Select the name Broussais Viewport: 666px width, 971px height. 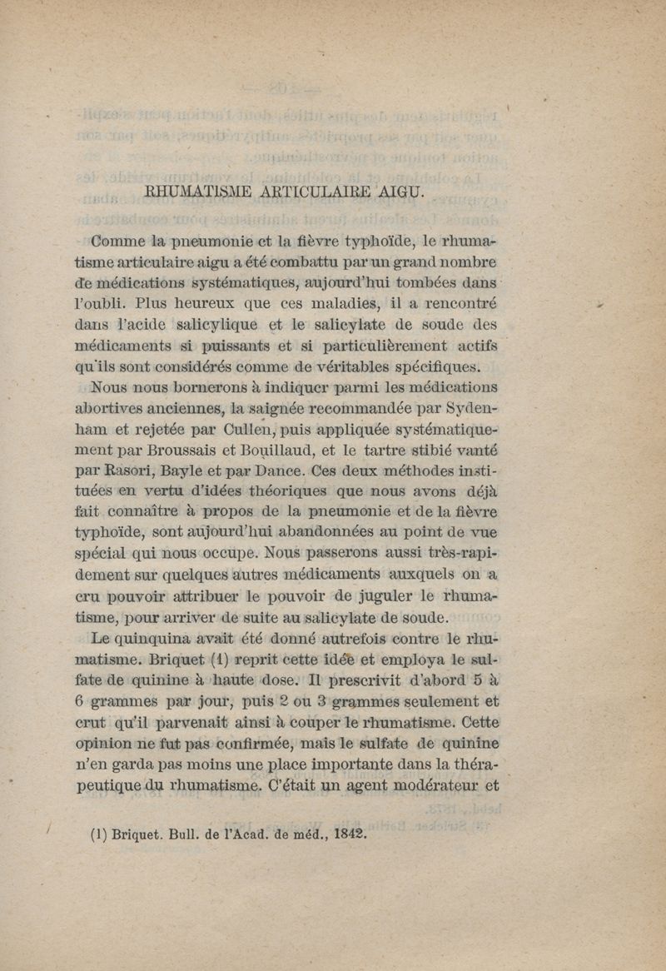pyautogui.click(x=192, y=451)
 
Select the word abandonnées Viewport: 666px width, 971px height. pyautogui.click(x=323, y=535)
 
